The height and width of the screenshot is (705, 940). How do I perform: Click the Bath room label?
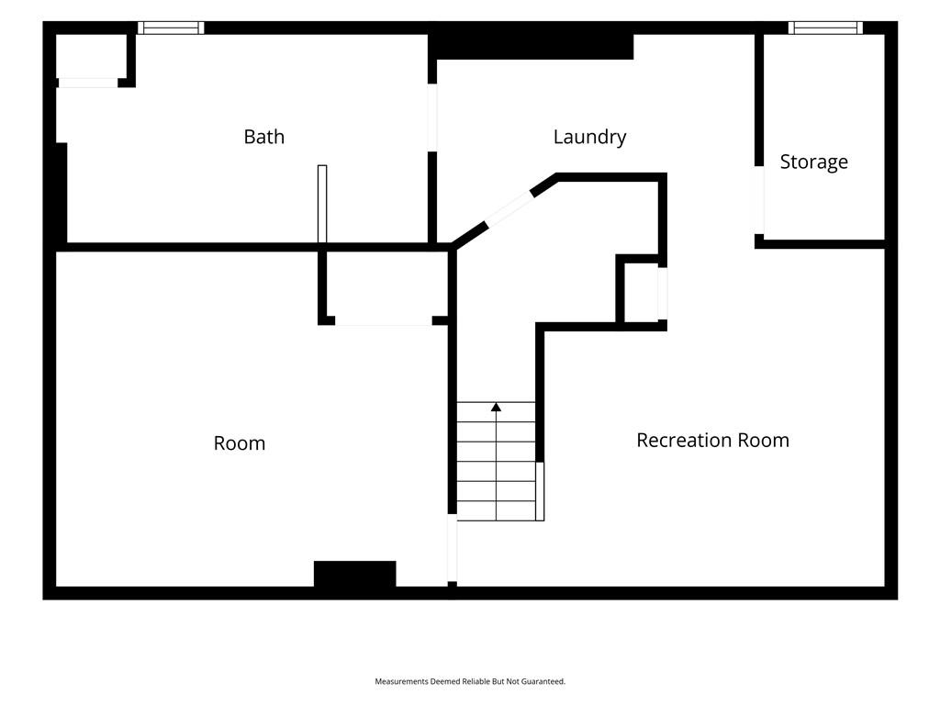pos(263,137)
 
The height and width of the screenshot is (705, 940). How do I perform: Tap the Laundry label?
pos(589,138)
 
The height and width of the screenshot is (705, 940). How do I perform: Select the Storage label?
pos(813,162)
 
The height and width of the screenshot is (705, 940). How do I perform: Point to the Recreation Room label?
pos(712,440)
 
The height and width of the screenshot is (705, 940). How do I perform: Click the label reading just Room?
pos(240,443)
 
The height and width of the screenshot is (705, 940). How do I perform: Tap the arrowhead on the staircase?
pos(496,407)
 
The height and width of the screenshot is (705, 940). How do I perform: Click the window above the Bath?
pos(171,28)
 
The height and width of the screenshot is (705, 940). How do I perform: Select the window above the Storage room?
pos(825,28)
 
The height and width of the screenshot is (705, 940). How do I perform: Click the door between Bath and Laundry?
pos(432,117)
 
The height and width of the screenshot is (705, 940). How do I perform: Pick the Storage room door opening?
pos(759,200)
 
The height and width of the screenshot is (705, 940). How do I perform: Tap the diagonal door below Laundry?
pos(509,209)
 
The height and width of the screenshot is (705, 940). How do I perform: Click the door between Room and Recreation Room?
pos(453,548)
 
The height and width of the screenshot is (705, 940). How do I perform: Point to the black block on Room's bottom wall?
pos(355,574)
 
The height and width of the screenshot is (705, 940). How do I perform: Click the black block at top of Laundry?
pos(532,47)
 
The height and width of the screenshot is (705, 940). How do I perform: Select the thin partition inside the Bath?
pos(322,204)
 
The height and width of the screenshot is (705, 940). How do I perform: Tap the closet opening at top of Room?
pos(384,322)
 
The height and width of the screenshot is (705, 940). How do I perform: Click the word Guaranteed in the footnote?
pos(543,682)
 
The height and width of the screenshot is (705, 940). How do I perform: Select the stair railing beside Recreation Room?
pos(540,492)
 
